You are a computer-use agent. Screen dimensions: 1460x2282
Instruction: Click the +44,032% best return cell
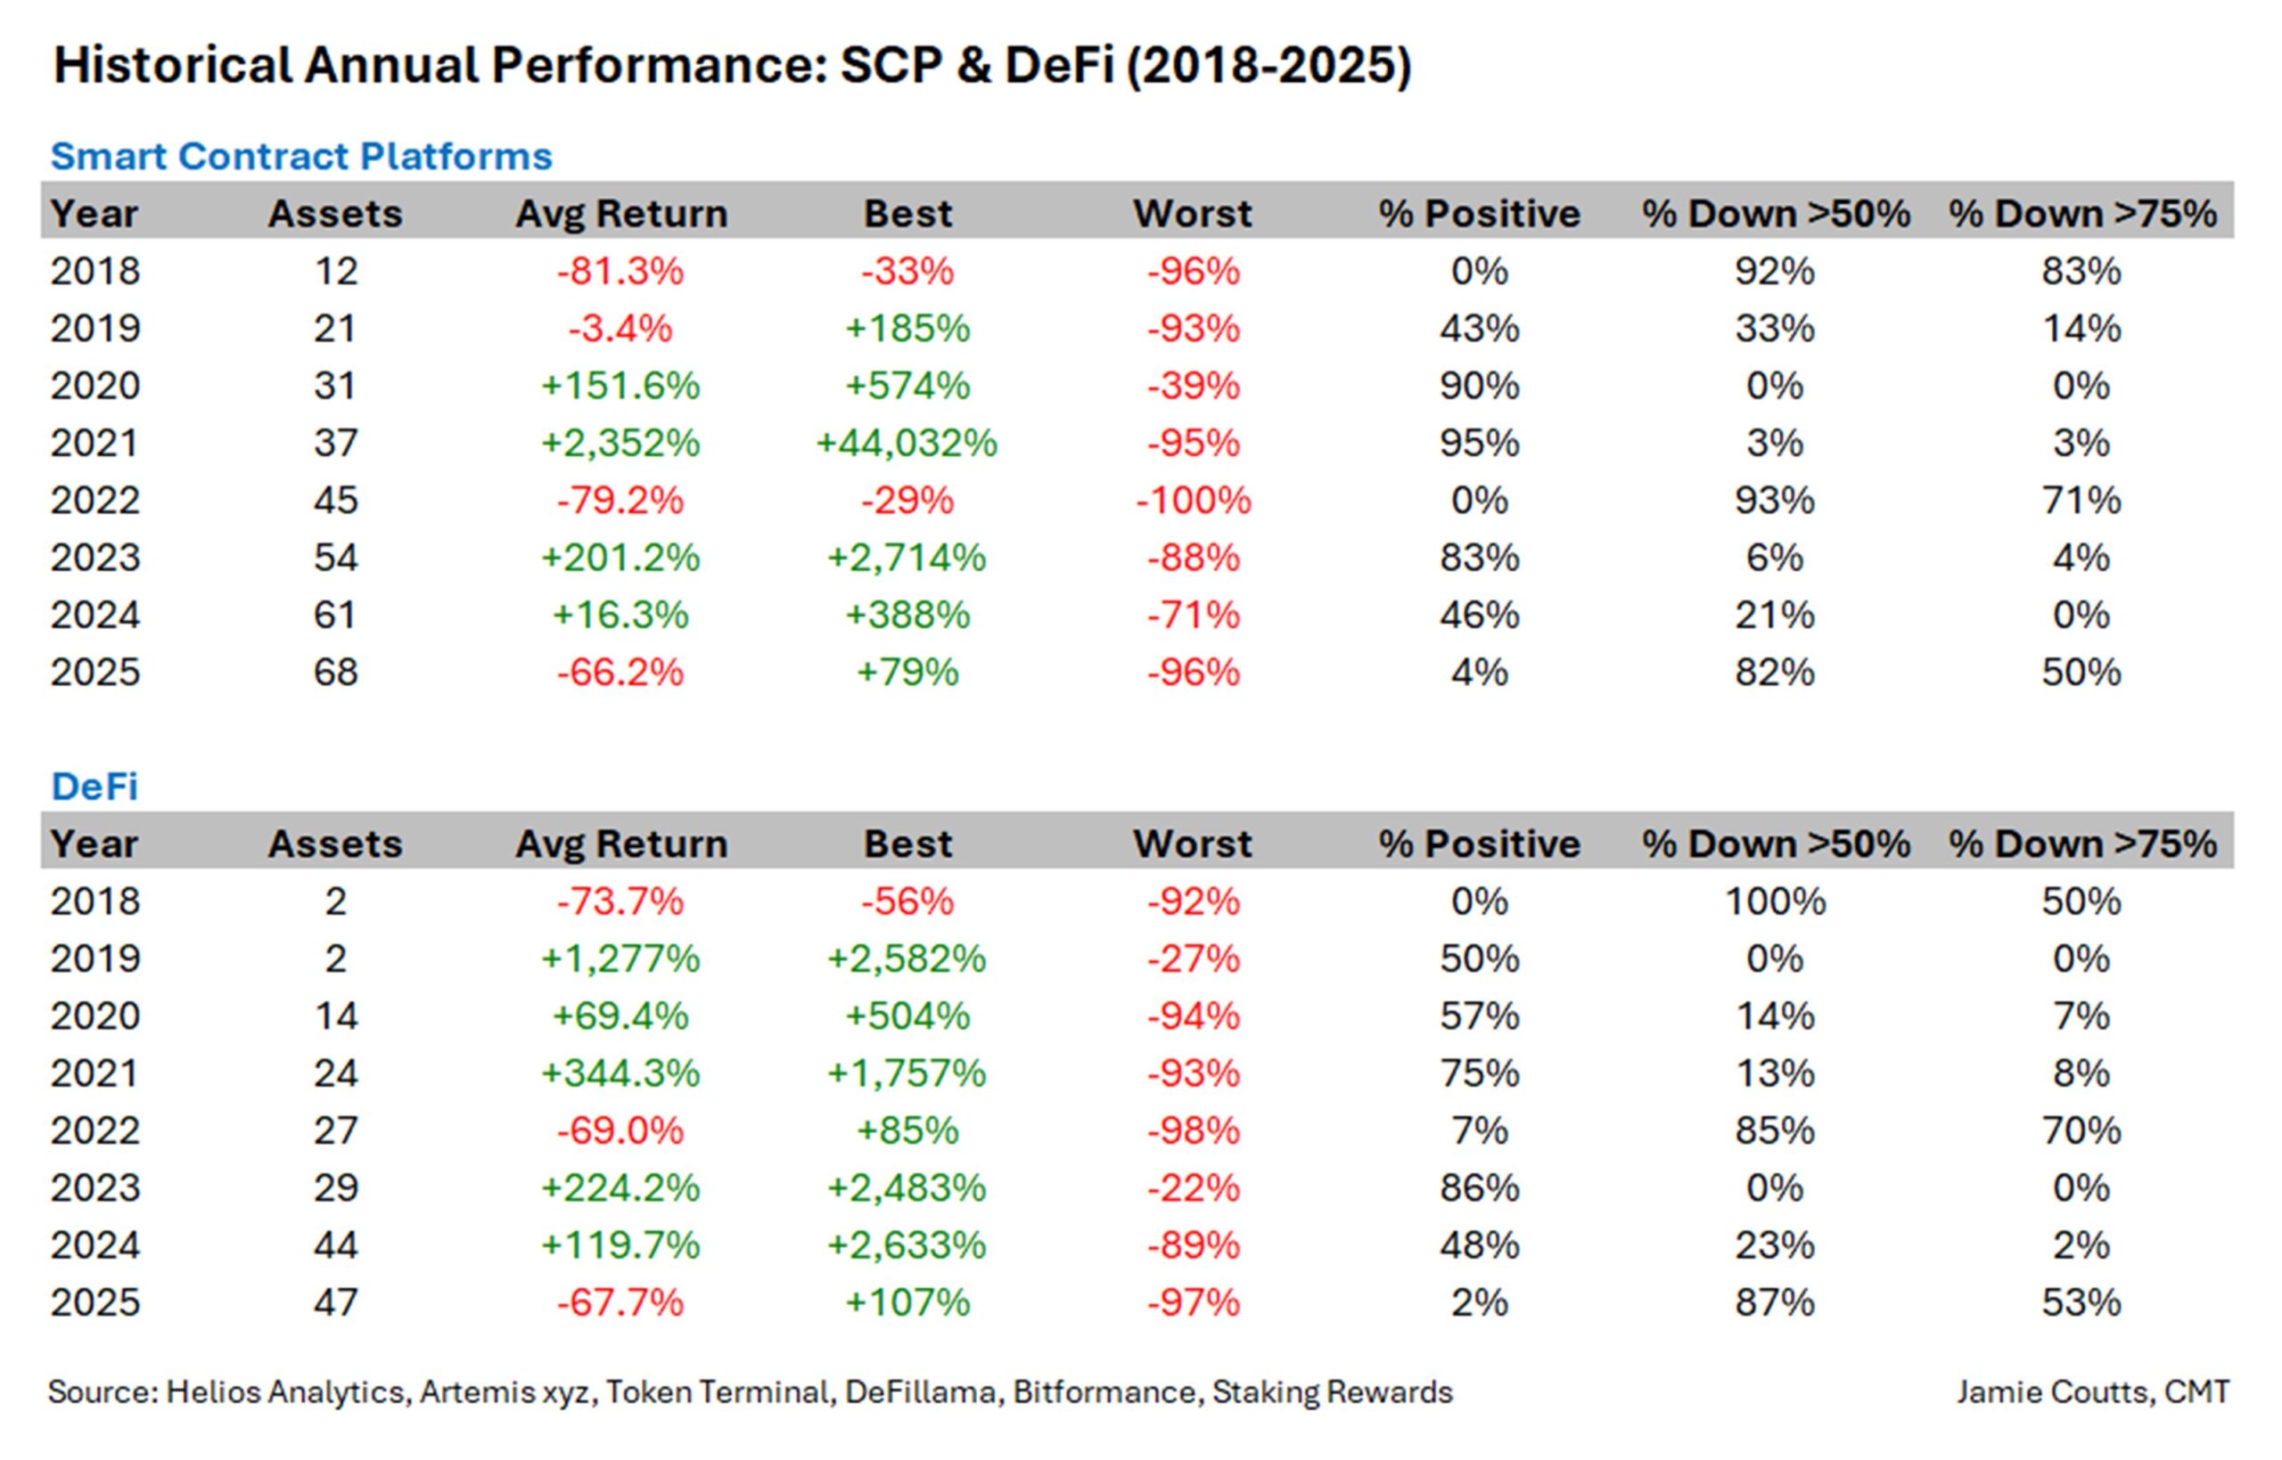pos(907,443)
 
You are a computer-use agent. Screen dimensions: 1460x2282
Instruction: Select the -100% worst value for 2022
pos(1194,500)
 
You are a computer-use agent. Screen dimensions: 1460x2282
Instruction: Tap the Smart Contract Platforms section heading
pos(300,156)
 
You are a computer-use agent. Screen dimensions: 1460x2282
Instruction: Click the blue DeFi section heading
pos(94,786)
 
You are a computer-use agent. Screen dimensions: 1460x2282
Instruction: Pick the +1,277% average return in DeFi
pos(620,958)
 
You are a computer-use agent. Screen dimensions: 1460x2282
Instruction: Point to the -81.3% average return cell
pos(620,271)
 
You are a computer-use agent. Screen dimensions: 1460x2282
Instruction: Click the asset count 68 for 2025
pos(336,673)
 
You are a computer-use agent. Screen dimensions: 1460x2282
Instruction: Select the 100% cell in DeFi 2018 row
pos(1775,901)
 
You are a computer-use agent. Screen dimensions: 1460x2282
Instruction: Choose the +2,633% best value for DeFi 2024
pos(907,1244)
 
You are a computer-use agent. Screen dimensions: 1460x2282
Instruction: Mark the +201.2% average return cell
pos(620,558)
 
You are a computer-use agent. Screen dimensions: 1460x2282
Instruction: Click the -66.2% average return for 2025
pos(620,673)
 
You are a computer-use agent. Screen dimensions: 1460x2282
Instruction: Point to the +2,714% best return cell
pos(907,558)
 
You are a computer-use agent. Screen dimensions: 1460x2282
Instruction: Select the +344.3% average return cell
pos(620,1073)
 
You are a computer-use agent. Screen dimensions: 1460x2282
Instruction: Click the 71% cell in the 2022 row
pos(2081,500)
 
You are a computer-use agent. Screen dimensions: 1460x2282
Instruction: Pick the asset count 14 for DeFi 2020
pos(336,1016)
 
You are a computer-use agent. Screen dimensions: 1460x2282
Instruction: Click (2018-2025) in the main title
pos(1268,66)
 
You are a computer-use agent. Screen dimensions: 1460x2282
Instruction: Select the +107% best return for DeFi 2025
pos(907,1302)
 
